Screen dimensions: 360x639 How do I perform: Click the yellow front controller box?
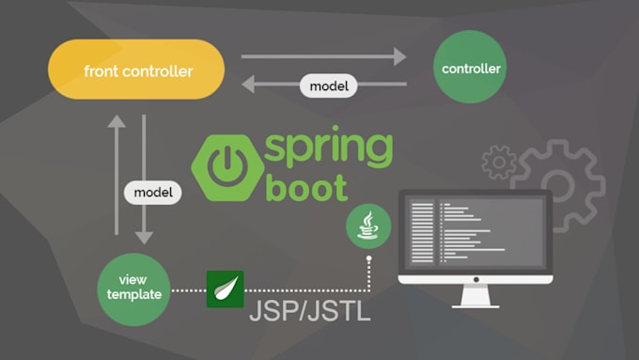[138, 70]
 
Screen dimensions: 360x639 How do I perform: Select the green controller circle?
[471, 69]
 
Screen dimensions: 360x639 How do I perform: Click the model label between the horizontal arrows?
[327, 86]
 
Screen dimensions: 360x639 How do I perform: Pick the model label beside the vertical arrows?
[152, 191]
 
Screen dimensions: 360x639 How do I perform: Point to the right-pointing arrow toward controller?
[323, 56]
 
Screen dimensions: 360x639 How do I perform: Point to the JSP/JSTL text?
[309, 312]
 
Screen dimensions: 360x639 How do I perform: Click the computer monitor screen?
[475, 232]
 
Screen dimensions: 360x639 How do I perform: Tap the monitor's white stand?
[475, 296]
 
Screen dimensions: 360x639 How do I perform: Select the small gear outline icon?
[499, 162]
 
